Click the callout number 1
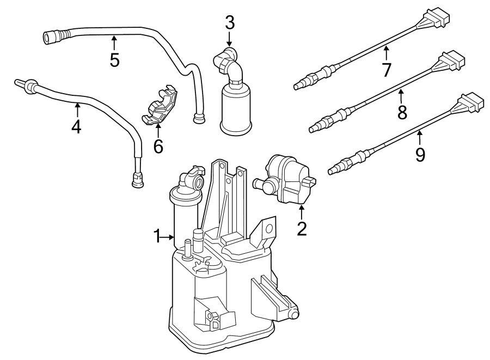pyautogui.click(x=156, y=236)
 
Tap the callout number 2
pyautogui.click(x=301, y=228)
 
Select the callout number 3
pyautogui.click(x=230, y=23)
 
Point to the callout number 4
pyautogui.click(x=76, y=126)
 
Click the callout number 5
pyautogui.click(x=114, y=59)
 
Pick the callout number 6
pyautogui.click(x=158, y=146)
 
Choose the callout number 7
pyautogui.click(x=387, y=70)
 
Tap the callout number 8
pyautogui.click(x=402, y=112)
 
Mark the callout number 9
pyautogui.click(x=420, y=155)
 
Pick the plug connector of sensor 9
pyautogui.click(x=471, y=103)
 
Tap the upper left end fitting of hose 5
pyautogui.click(x=53, y=36)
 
